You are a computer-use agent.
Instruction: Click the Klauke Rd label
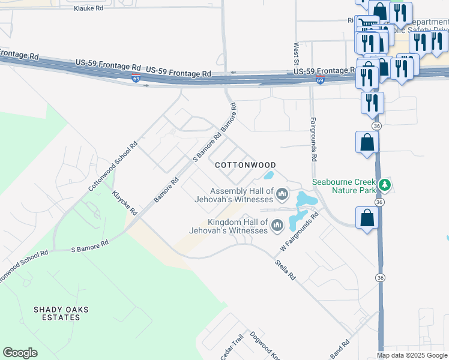coord(88,9)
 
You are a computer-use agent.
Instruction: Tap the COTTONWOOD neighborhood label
coord(246,165)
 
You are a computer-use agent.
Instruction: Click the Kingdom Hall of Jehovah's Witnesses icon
coord(277,226)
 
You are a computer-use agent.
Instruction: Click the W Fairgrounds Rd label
coord(299,231)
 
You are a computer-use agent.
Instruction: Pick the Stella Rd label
coord(285,269)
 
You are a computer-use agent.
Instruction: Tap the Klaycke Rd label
coord(125,203)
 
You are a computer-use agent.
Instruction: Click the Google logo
coord(20,353)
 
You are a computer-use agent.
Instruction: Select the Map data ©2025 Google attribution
coord(412,355)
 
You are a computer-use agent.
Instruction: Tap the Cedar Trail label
coord(231,348)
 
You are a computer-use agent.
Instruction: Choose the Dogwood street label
coord(265,346)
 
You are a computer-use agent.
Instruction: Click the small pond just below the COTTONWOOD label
coord(269,176)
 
